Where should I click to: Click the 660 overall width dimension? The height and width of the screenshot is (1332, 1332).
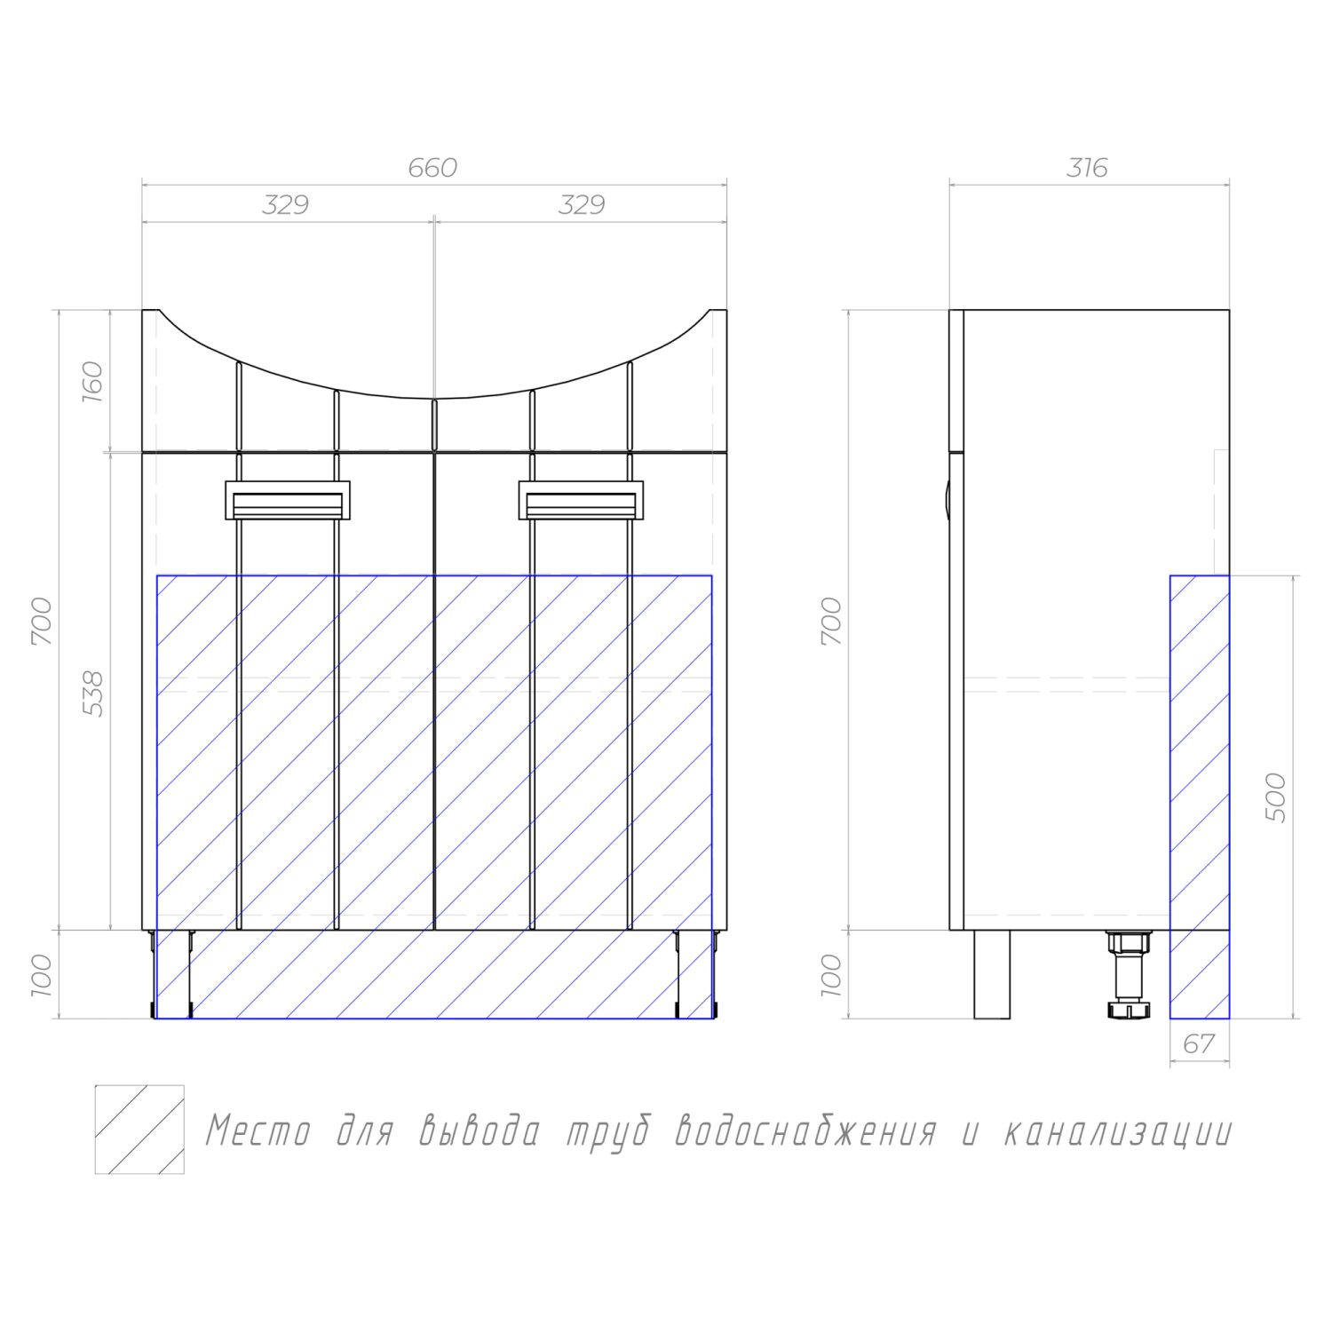tap(432, 167)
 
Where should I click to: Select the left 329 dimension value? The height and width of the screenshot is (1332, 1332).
tap(285, 204)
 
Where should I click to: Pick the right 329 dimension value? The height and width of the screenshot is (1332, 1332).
tap(582, 204)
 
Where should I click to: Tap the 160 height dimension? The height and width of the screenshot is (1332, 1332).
tap(92, 382)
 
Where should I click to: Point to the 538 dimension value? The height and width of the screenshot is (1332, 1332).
tap(92, 694)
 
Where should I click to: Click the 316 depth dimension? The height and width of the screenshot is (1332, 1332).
tap(1087, 167)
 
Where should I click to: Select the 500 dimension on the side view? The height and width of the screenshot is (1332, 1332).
tap(1275, 797)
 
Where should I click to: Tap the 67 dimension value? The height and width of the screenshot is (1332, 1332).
tap(1199, 1044)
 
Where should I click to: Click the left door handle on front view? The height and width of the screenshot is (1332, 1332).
tap(288, 500)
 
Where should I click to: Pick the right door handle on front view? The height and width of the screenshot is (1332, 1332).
tap(581, 500)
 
